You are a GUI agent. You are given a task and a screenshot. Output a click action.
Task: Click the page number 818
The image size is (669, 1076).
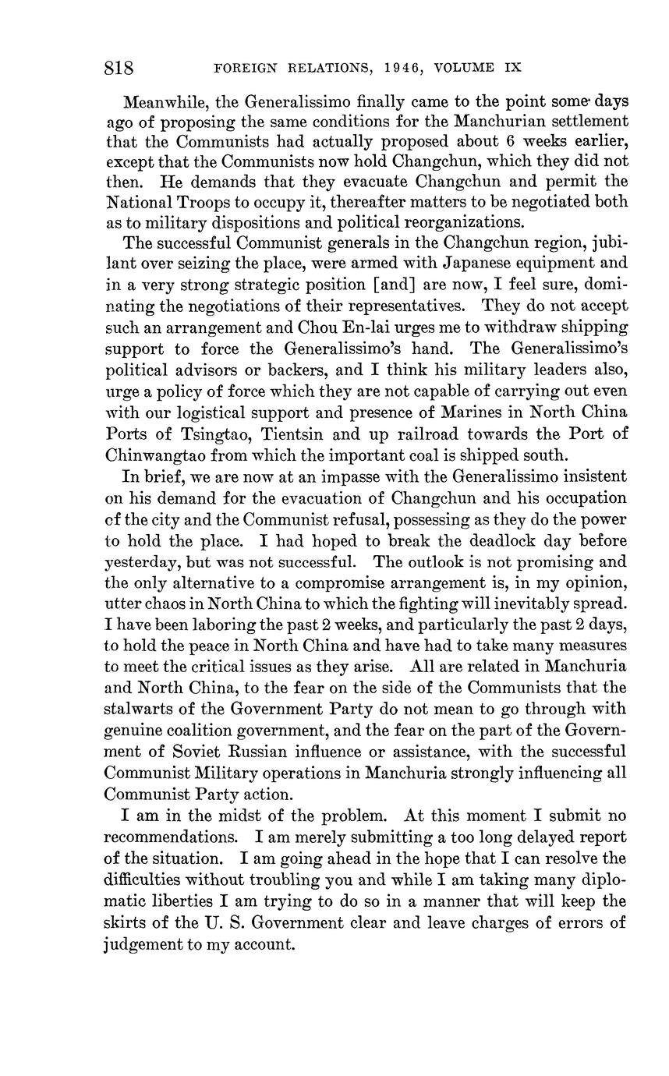coord(119,68)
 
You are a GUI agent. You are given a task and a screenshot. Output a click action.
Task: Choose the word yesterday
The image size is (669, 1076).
coord(136,561)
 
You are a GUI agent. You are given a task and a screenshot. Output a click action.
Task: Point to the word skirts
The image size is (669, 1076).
coord(123,922)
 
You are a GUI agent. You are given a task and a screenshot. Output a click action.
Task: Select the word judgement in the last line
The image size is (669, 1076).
coord(142,944)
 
